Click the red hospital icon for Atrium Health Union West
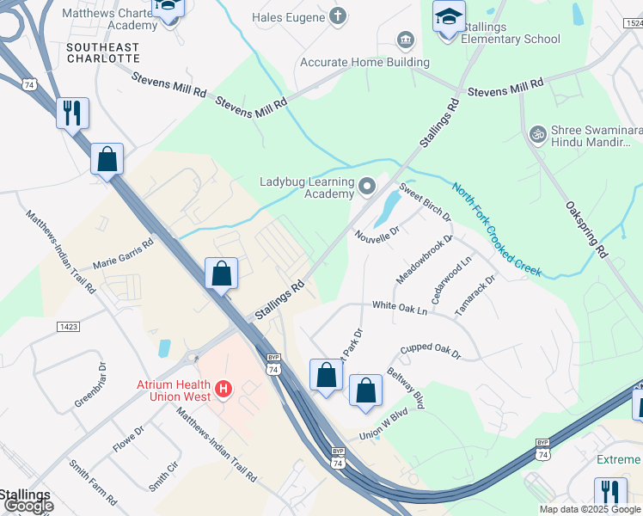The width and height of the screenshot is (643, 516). tap(224, 390)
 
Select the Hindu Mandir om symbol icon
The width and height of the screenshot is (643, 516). tap(538, 135)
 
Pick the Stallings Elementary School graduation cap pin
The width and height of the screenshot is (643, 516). tap(448, 17)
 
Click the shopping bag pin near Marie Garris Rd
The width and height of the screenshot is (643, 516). tap(221, 273)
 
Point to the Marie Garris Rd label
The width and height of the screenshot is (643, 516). tap(122, 255)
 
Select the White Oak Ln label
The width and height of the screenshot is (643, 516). tap(399, 306)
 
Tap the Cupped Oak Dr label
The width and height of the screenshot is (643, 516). tap(430, 352)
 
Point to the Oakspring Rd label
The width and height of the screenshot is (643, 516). tap(587, 230)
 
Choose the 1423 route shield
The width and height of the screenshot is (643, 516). tap(70, 327)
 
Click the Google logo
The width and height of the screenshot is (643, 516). tap(28, 506)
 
